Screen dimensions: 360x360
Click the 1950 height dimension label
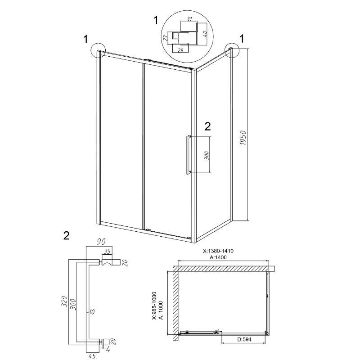[x=243, y=138]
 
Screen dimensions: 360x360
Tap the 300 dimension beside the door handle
[x=207, y=155]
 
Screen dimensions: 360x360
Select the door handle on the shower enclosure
[x=188, y=154]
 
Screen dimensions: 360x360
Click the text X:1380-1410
[x=218, y=251]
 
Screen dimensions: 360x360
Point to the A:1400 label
[x=218, y=257]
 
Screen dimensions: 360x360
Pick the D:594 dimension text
[x=243, y=339]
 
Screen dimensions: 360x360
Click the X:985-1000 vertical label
[x=154, y=306]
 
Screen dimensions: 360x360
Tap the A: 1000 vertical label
[x=161, y=310]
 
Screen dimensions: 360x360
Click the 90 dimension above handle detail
[x=100, y=242]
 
